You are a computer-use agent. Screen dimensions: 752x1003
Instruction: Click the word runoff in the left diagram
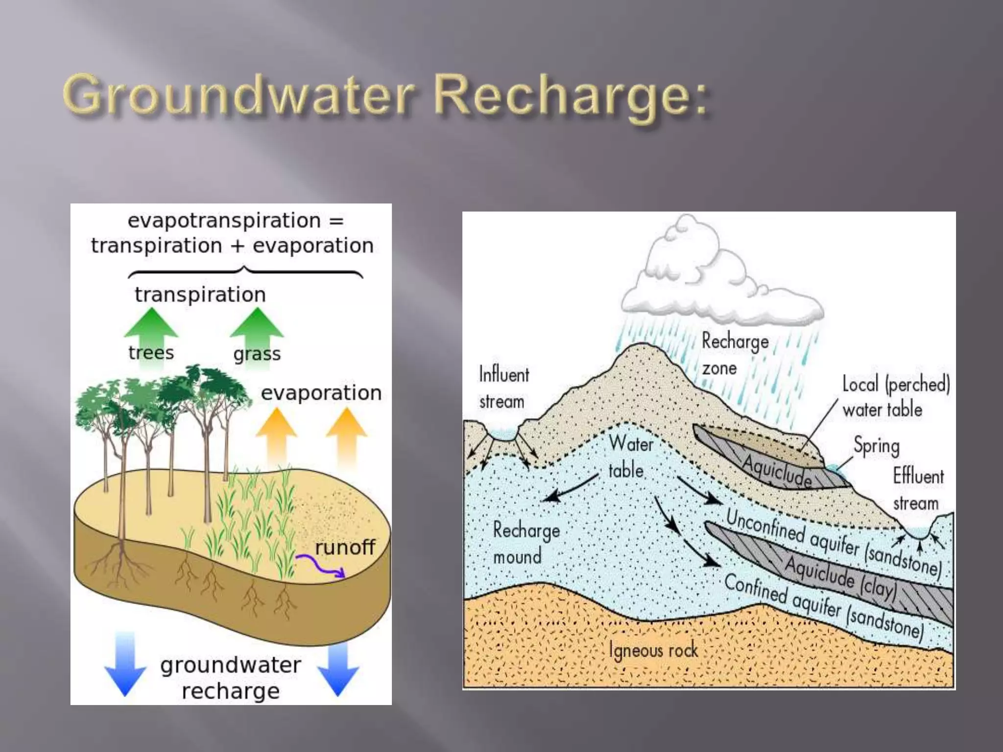click(345, 547)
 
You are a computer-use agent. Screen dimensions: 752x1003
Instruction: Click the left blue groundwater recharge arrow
click(125, 663)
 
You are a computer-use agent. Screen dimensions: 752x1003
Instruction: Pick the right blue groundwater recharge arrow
click(338, 669)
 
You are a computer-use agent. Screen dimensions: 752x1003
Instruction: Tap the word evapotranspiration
click(224, 220)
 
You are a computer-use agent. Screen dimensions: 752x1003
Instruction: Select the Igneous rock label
click(653, 650)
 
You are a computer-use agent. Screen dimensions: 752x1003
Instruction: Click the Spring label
click(877, 446)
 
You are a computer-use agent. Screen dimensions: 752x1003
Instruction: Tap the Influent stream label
click(503, 388)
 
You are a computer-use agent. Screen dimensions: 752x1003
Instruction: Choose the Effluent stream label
click(918, 489)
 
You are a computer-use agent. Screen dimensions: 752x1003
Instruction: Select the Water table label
click(630, 457)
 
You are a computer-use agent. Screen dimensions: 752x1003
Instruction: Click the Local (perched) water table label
click(895, 397)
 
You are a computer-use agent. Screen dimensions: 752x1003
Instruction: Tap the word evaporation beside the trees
click(321, 393)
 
